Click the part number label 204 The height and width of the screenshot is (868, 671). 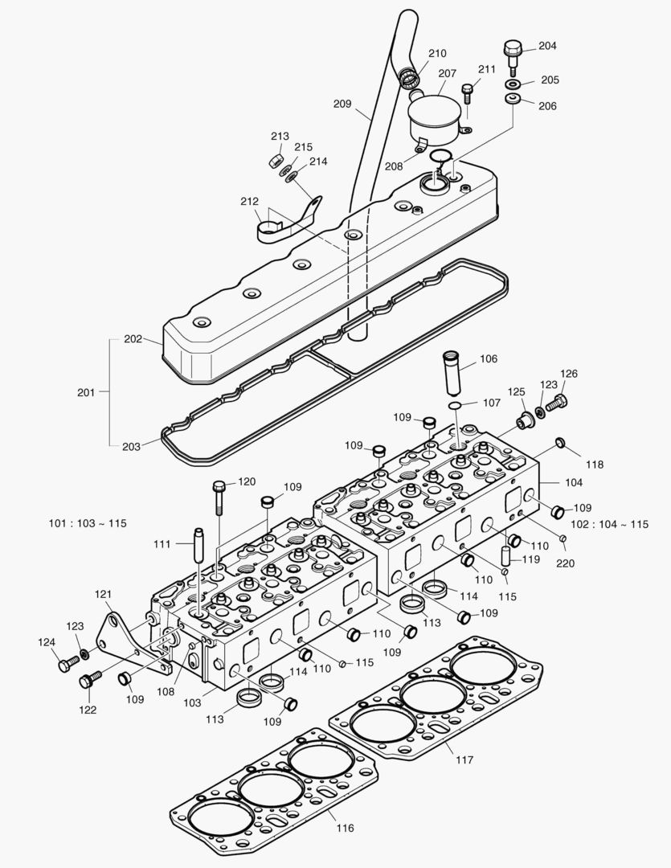click(547, 46)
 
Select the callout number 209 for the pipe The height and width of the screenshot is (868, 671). click(342, 104)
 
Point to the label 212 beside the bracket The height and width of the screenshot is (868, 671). click(249, 201)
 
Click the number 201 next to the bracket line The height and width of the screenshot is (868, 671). click(87, 392)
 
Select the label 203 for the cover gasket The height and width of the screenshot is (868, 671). click(133, 446)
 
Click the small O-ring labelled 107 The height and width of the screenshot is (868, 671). click(455, 405)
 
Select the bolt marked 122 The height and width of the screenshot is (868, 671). click(88, 680)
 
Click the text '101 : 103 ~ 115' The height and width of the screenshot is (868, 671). click(88, 523)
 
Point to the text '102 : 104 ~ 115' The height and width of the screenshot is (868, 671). click(609, 524)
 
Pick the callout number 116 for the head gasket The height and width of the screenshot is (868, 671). click(344, 828)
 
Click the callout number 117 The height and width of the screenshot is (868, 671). click(464, 759)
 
